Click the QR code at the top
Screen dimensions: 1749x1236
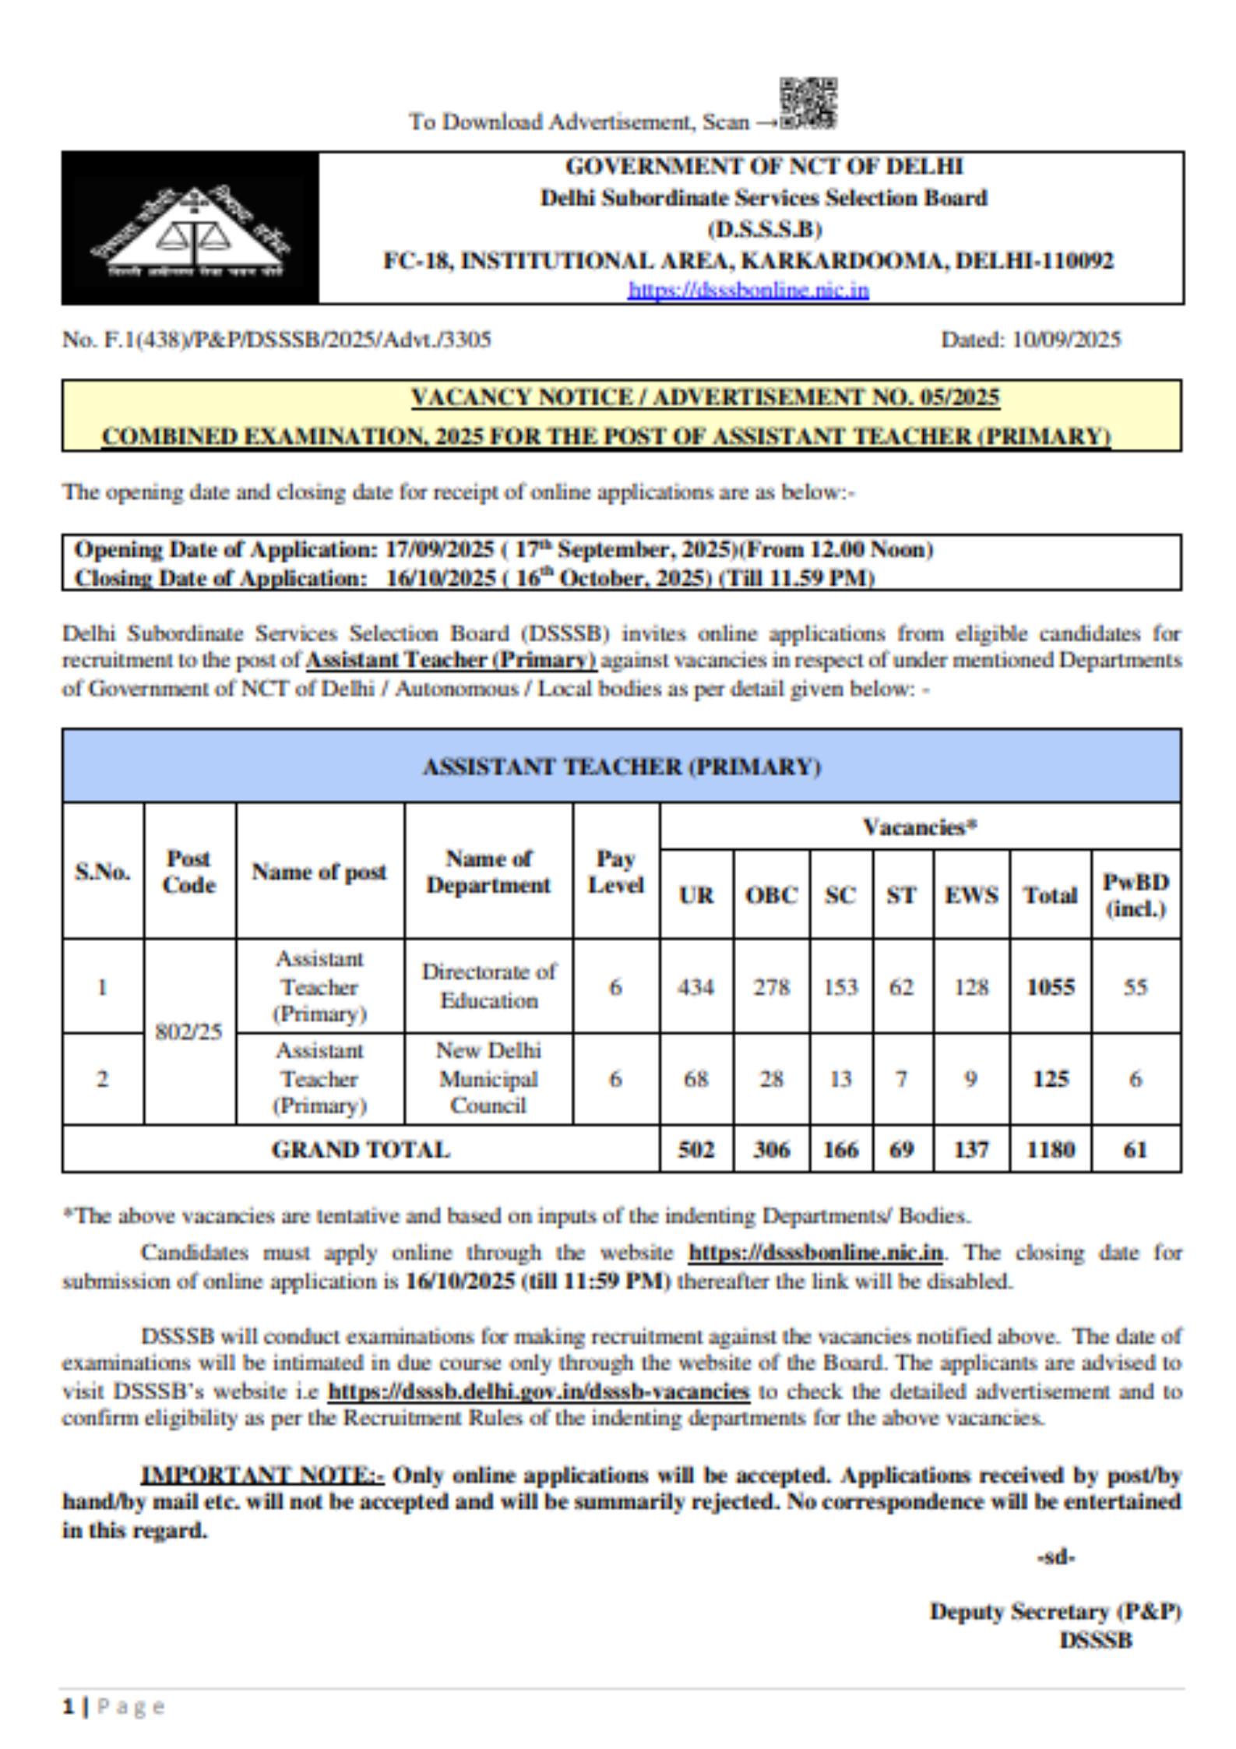click(x=808, y=103)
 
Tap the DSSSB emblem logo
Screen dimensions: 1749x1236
click(x=190, y=228)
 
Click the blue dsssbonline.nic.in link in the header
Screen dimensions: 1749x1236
click(x=748, y=291)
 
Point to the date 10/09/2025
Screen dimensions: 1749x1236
click(x=1065, y=340)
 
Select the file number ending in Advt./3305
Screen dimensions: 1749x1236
click(x=276, y=340)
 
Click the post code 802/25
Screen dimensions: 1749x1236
click(x=188, y=1031)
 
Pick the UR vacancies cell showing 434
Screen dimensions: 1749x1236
click(x=695, y=987)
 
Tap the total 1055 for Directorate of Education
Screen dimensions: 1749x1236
click(x=1050, y=987)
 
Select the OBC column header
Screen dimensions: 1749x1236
click(x=771, y=895)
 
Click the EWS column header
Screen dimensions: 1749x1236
click(x=971, y=895)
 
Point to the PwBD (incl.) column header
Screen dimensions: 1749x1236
click(x=1136, y=895)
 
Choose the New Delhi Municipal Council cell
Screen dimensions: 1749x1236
click(x=488, y=1078)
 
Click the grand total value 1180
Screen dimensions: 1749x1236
click(x=1050, y=1150)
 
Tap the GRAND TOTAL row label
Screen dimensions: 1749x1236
click(x=361, y=1150)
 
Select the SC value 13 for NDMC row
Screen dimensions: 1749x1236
click(x=840, y=1079)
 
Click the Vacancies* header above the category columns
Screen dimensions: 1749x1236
click(x=919, y=827)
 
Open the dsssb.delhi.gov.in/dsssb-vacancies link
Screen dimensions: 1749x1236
click(x=538, y=1391)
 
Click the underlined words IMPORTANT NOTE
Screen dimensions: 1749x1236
click(x=262, y=1475)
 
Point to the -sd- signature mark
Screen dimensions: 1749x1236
click(x=1055, y=1557)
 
